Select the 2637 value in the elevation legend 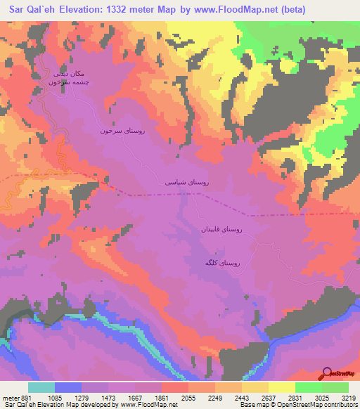point(269,398)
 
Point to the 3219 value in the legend point(347,398)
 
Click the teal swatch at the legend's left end point(41,387)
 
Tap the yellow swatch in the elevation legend point(281,387)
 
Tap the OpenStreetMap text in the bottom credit point(305,405)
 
